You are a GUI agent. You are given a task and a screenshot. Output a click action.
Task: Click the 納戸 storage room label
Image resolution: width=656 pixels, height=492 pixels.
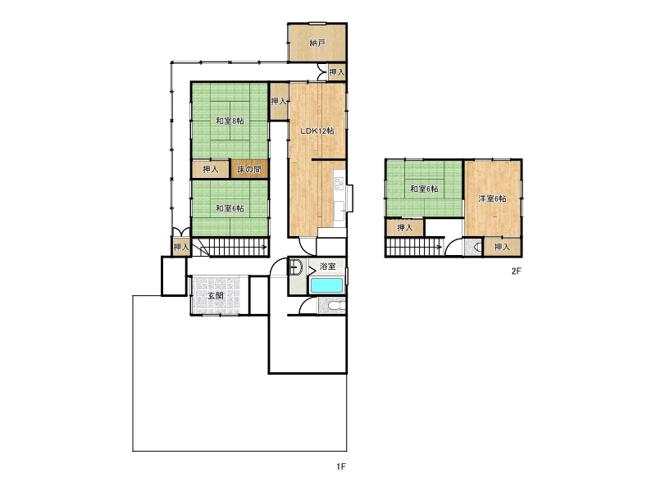click(317, 43)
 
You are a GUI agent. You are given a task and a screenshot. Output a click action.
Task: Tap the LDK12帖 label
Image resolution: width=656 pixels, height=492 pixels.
click(317, 130)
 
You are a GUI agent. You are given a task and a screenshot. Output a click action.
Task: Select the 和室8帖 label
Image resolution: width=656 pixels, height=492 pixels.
click(230, 121)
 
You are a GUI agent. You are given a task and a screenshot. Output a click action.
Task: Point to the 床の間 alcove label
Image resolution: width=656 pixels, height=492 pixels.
click(249, 170)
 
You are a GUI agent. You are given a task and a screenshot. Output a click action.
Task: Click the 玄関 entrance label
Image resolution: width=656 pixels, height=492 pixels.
click(216, 296)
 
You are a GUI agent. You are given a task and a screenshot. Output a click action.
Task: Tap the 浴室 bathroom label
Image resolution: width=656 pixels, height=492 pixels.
click(327, 266)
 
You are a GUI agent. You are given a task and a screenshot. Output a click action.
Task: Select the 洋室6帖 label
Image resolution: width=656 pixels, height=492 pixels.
click(493, 198)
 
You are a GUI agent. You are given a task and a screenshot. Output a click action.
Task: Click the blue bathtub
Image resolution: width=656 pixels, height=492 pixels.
click(326, 285)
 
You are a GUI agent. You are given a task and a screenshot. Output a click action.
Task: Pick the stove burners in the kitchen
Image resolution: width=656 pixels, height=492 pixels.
click(339, 182)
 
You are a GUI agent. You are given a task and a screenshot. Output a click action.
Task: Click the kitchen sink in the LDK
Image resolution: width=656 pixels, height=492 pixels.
click(339, 208)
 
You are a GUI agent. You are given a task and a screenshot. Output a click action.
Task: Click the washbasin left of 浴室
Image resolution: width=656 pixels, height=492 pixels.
click(296, 267)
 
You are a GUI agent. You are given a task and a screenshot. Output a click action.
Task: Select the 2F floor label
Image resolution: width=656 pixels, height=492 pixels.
click(517, 271)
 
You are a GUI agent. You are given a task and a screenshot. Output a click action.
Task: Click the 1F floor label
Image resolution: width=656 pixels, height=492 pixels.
click(341, 467)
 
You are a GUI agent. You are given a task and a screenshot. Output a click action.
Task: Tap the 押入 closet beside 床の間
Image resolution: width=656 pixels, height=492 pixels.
click(211, 170)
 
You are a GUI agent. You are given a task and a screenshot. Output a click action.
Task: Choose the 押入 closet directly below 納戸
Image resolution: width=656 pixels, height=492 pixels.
click(337, 72)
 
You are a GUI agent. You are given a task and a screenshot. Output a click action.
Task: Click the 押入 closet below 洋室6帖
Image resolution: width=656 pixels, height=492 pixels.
click(502, 247)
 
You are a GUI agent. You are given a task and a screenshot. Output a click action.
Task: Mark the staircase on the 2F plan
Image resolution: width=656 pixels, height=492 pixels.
click(414, 247)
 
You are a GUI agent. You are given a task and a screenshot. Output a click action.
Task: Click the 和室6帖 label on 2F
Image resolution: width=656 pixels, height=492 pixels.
click(424, 189)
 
